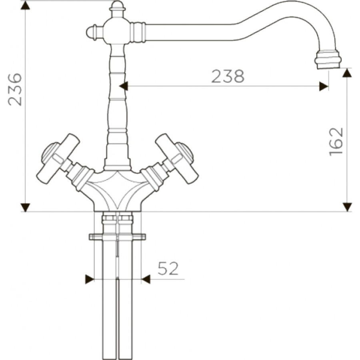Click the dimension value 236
tap(15, 90)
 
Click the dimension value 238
tap(228, 76)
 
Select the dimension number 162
tap(336, 142)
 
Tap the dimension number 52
tap(168, 268)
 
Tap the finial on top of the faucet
tap(117, 9)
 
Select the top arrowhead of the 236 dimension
tap(25, 5)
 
